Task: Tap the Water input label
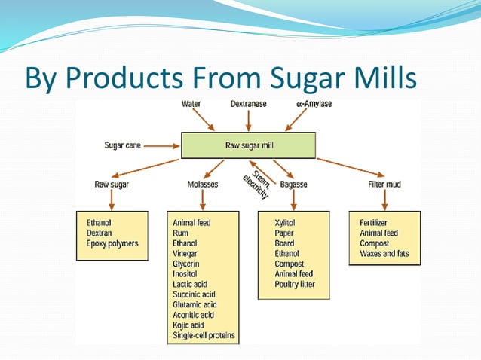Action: click(x=191, y=102)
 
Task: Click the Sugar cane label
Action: click(x=124, y=145)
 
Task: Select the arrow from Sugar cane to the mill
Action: click(x=163, y=145)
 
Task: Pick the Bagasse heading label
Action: click(x=293, y=184)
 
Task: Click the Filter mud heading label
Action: click(x=384, y=184)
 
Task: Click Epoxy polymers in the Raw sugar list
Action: click(x=113, y=244)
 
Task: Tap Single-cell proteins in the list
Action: click(x=204, y=334)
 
